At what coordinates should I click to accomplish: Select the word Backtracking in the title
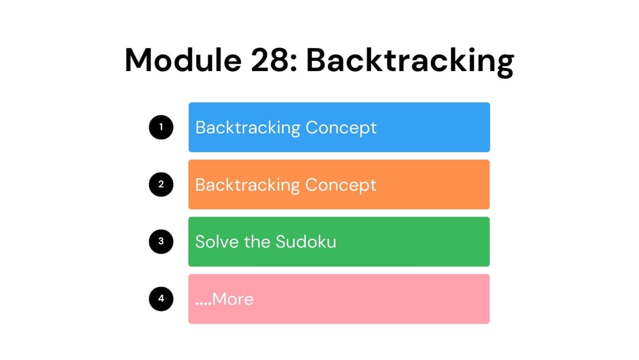409,60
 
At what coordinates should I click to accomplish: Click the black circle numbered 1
161,127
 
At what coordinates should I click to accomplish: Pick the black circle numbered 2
161,184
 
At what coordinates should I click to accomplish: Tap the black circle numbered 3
161,242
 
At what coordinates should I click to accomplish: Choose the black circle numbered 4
161,299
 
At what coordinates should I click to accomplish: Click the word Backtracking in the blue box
247,128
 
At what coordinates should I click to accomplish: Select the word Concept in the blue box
340,128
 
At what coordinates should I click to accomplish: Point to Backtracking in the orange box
247,185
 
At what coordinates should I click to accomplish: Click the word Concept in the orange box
340,185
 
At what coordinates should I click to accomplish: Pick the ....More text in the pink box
224,300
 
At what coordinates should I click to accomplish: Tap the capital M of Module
140,60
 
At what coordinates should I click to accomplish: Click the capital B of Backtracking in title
315,60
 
